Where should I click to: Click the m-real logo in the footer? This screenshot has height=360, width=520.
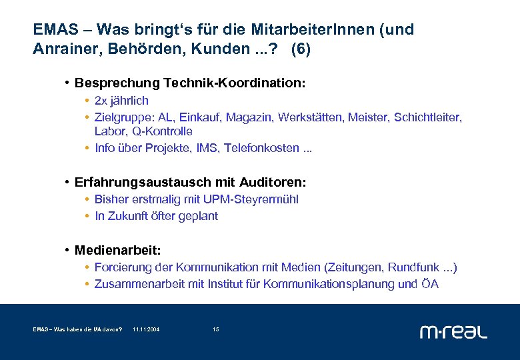pyautogui.click(x=453, y=331)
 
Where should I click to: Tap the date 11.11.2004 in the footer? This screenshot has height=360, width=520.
pyautogui.click(x=146, y=329)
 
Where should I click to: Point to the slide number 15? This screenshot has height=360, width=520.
pyautogui.click(x=215, y=329)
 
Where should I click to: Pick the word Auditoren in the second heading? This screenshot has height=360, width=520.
pyautogui.click(x=273, y=182)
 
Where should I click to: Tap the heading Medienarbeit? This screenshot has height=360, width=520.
pyautogui.click(x=117, y=250)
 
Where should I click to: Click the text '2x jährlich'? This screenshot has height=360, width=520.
pyautogui.click(x=121, y=101)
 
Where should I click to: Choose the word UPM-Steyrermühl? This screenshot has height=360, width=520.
pyautogui.click(x=254, y=199)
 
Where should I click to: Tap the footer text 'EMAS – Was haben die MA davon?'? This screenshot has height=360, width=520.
pyautogui.click(x=77, y=329)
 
